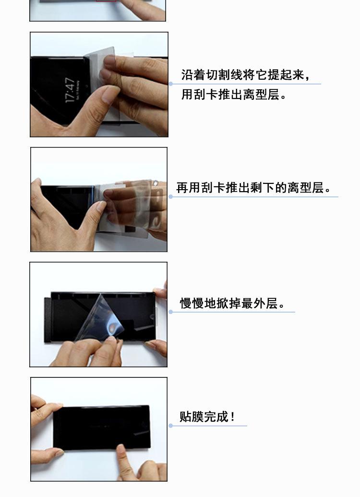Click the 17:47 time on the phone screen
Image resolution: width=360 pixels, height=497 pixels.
[x=70, y=90]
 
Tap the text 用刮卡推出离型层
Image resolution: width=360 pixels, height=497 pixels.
[x=231, y=94]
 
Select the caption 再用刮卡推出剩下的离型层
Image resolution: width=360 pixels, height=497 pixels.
[x=251, y=188]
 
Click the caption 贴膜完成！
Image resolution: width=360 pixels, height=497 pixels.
[x=207, y=416]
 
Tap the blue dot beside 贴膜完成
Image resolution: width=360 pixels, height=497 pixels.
[x=171, y=425]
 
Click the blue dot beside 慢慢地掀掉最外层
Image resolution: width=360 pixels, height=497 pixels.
[x=171, y=312]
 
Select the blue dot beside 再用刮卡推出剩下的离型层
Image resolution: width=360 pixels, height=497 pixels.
[x=171, y=197]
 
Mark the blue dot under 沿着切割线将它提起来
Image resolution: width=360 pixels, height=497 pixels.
[x=171, y=84]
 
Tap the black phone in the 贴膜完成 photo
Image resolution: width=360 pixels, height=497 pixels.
[x=101, y=427]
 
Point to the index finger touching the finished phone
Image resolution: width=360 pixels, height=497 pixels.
[x=125, y=460]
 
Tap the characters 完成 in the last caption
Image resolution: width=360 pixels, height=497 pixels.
[x=216, y=416]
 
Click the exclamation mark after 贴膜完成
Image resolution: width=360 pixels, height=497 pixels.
[x=233, y=416]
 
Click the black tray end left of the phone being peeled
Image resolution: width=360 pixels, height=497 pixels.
[x=48, y=320]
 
